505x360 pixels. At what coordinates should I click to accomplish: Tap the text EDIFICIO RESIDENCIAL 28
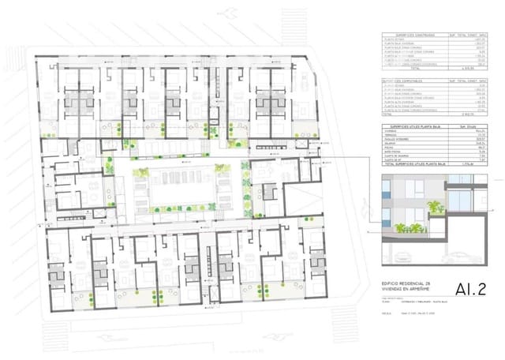pos(406,284)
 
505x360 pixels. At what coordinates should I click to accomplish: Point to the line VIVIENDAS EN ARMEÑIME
pos(406,291)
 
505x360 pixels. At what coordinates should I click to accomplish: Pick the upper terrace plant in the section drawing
pos(433,206)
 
